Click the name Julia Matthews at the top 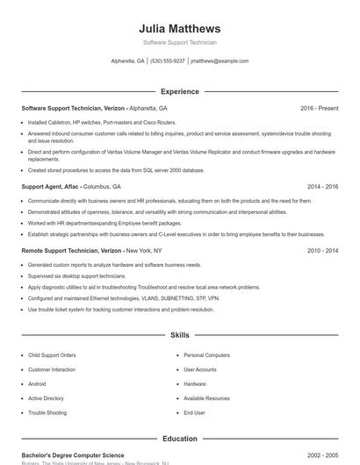pyautogui.click(x=179, y=28)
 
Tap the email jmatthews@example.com pyautogui.click(x=220, y=61)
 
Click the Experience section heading pyautogui.click(x=179, y=91)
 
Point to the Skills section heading pyautogui.click(x=179, y=335)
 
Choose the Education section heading pyautogui.click(x=179, y=438)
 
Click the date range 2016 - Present pyautogui.click(x=319, y=108)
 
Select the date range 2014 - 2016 pyautogui.click(x=322, y=187)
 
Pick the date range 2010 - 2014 pyautogui.click(x=322, y=250)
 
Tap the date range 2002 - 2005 pyautogui.click(x=322, y=455)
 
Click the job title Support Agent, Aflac pyautogui.click(x=50, y=187)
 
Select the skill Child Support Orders pyautogui.click(x=52, y=355)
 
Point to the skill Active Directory pyautogui.click(x=46, y=398)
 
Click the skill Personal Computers pyautogui.click(x=206, y=355)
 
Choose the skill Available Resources pyautogui.click(x=206, y=398)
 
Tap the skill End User pyautogui.click(x=194, y=412)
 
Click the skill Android pyautogui.click(x=37, y=384)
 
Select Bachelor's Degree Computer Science pyautogui.click(x=73, y=455)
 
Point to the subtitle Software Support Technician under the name pyautogui.click(x=179, y=42)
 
